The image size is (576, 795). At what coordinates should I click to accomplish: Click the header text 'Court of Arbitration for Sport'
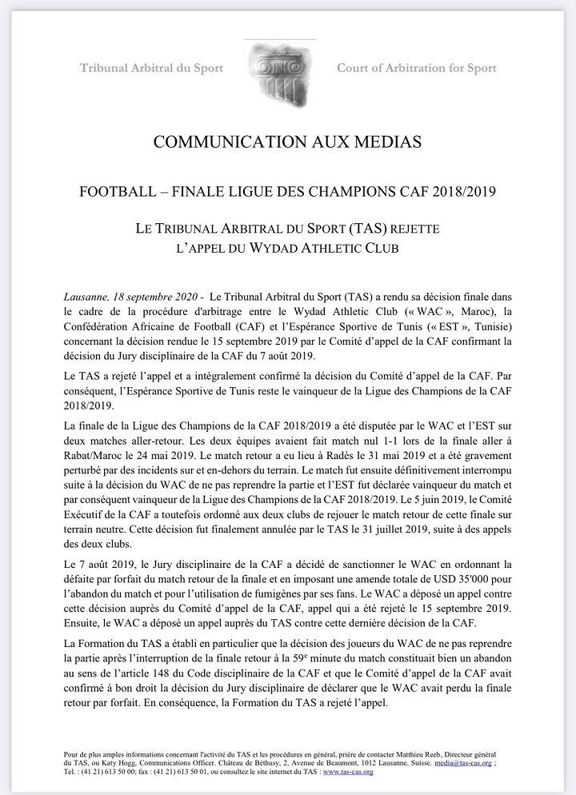coord(416,68)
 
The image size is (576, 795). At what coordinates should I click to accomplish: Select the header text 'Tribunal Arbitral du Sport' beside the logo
coord(151,68)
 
